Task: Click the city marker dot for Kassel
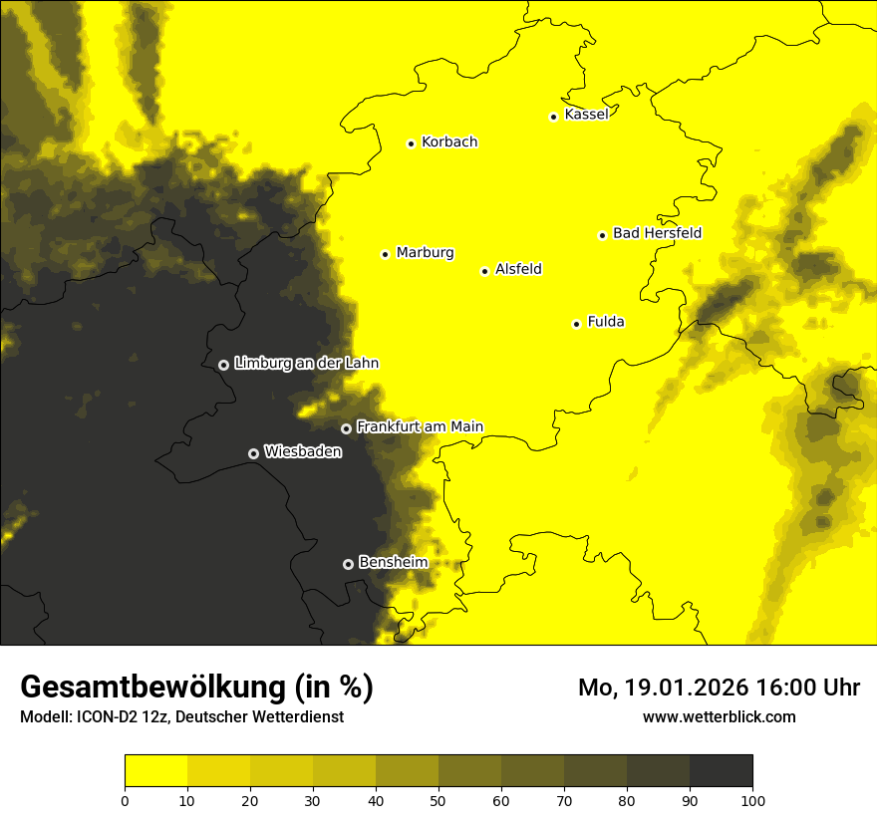point(553,117)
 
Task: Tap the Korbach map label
point(448,141)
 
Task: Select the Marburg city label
point(425,252)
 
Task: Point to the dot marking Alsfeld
point(484,271)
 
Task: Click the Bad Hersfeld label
point(657,233)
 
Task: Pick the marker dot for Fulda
point(576,324)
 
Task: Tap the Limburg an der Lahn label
point(306,364)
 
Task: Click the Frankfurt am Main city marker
point(346,428)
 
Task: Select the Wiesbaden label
point(302,451)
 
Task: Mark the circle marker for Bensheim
point(348,564)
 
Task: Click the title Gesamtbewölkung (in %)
point(196,688)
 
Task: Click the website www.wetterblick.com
point(719,716)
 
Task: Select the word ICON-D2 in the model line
point(108,717)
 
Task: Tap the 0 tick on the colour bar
point(125,800)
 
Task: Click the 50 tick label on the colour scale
point(438,800)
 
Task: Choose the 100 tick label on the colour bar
point(752,800)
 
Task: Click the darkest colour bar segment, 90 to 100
point(721,771)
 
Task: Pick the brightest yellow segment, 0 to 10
point(155,771)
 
